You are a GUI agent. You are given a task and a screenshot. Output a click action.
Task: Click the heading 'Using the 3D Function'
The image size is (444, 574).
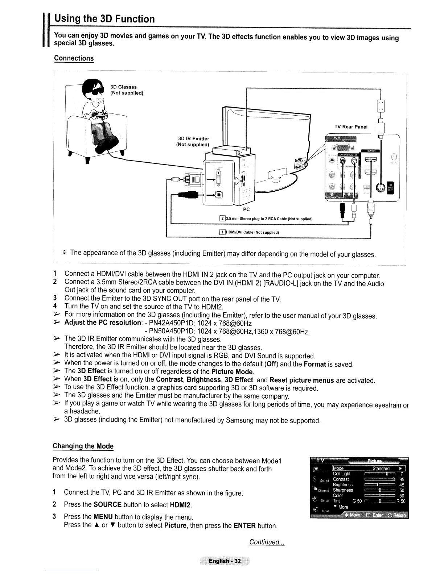click(x=104, y=19)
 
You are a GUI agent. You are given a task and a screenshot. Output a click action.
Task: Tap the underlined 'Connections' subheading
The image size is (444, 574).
click(x=74, y=58)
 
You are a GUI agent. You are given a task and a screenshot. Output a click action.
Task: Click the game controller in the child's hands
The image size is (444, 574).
click(x=99, y=115)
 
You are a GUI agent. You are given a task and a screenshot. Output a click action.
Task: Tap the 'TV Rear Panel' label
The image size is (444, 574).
click(x=351, y=127)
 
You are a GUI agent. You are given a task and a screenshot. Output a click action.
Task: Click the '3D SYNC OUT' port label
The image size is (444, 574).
click(x=390, y=186)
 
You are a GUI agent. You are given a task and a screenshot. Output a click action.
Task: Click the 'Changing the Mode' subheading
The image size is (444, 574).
click(x=83, y=446)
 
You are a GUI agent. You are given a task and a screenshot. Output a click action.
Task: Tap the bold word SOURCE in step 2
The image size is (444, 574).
click(x=107, y=504)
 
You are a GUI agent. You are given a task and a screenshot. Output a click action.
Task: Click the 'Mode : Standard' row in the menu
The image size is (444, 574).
click(x=368, y=468)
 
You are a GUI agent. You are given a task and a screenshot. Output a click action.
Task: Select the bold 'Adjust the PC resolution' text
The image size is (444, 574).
click(x=103, y=323)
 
